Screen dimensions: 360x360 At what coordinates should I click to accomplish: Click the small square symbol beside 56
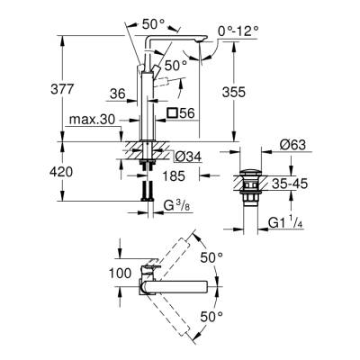click(x=171, y=112)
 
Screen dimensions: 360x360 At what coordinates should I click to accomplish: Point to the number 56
click(x=186, y=112)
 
